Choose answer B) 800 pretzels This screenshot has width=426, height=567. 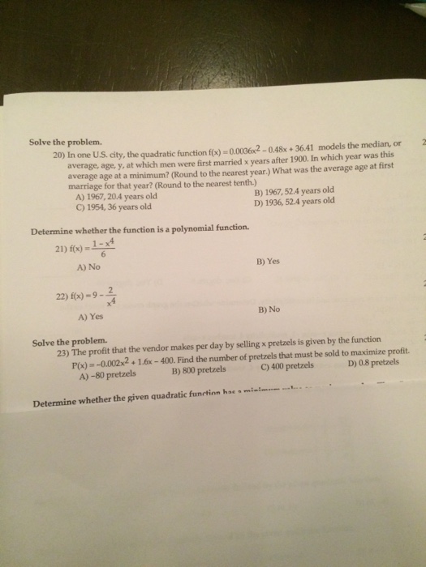[x=201, y=373]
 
